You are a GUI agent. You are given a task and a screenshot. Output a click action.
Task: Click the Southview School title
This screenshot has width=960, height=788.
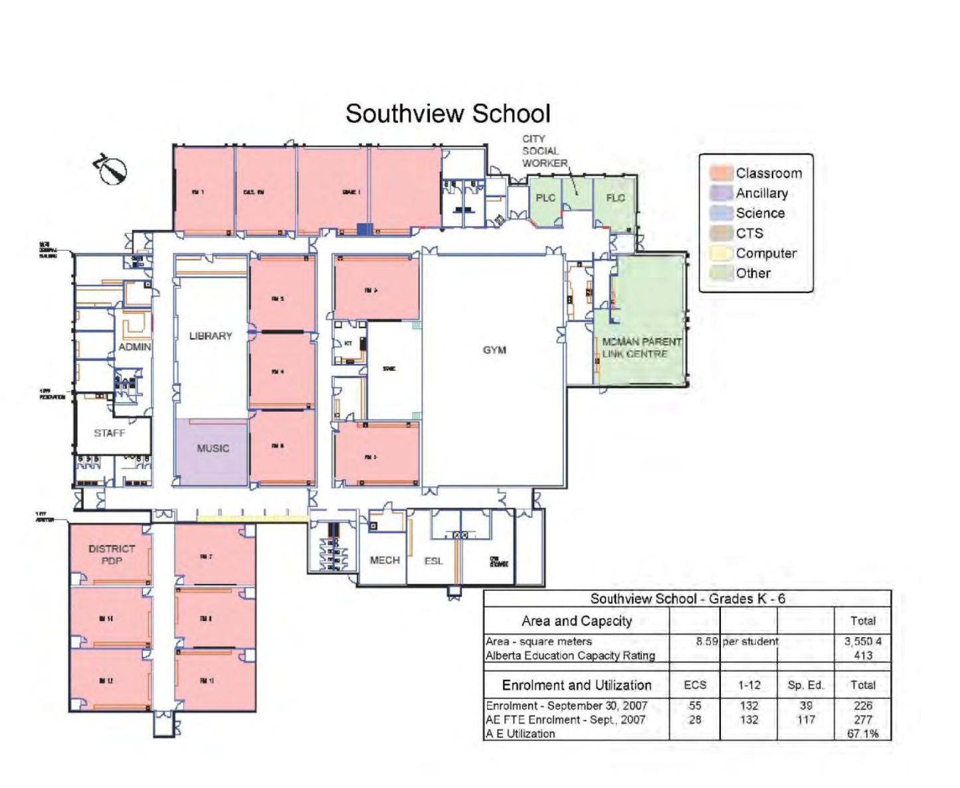[x=448, y=114]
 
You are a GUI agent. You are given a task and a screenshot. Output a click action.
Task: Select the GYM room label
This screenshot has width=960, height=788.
[x=494, y=350]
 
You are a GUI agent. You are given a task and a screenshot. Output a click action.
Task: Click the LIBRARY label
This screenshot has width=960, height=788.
[x=211, y=336]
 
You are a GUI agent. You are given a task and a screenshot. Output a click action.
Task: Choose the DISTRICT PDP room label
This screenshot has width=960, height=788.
[x=112, y=555]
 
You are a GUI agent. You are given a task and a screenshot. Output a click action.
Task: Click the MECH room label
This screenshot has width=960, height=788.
[x=385, y=561]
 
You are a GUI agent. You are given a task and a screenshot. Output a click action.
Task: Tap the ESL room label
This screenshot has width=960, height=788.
[x=433, y=561]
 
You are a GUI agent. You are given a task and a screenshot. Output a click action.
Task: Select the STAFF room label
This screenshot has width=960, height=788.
[x=110, y=433]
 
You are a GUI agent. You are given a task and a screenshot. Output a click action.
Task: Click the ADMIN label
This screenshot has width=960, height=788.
[x=135, y=347]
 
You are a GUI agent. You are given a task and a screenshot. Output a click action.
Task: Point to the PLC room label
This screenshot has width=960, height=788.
[x=545, y=198]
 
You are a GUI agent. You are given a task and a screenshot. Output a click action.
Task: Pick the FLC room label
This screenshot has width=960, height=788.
[x=615, y=198]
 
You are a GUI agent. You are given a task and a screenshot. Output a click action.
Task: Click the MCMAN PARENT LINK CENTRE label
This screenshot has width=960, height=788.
[x=641, y=348]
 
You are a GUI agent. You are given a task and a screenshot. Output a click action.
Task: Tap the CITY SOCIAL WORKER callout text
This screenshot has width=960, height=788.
[x=544, y=151]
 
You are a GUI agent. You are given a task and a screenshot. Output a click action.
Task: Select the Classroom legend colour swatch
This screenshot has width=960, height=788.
[x=721, y=173]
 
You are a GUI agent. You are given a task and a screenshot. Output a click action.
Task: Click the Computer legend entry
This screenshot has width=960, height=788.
[x=766, y=253]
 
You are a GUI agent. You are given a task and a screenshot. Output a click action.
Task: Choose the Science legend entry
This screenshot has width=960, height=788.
[x=760, y=213]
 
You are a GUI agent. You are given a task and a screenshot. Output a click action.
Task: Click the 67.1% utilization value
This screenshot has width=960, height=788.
[x=863, y=734]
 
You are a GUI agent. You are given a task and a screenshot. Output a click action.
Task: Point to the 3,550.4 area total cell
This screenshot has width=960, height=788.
[x=863, y=641]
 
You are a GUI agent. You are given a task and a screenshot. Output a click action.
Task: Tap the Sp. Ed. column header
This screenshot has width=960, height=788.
[x=806, y=685]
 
